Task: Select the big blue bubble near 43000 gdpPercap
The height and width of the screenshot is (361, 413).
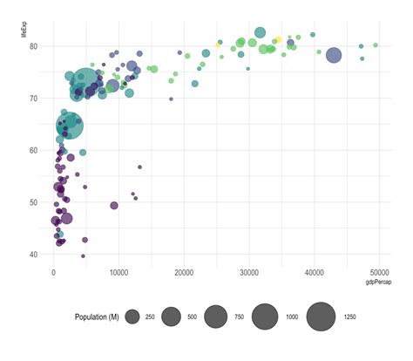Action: (x=334, y=55)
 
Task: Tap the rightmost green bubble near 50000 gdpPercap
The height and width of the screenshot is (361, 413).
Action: (x=376, y=44)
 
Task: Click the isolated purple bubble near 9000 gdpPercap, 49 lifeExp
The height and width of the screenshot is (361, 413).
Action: (x=114, y=206)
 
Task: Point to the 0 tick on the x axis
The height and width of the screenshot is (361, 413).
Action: (x=54, y=273)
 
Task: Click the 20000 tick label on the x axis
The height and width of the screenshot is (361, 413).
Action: (x=184, y=273)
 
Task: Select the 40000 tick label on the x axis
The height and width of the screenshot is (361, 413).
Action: (x=314, y=273)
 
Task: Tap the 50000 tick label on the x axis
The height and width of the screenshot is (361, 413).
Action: (x=378, y=273)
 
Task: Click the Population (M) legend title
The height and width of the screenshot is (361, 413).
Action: (x=97, y=317)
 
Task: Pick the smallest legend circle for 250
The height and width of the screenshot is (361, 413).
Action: (x=132, y=317)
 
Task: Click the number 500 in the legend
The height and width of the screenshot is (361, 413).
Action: (x=191, y=317)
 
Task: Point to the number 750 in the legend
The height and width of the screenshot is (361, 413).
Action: (x=238, y=317)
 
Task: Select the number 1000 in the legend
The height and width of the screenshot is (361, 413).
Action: (x=291, y=317)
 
